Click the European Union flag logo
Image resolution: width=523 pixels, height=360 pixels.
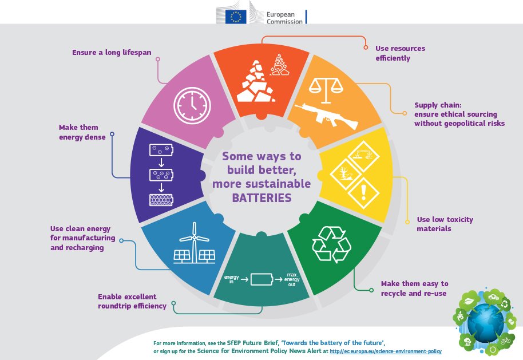(x=236, y=17)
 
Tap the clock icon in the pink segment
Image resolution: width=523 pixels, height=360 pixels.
(x=192, y=105)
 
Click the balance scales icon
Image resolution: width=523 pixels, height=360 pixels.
(x=326, y=90)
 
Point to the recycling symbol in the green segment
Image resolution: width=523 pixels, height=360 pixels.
(x=331, y=244)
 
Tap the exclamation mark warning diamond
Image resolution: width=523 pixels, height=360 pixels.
(x=363, y=193)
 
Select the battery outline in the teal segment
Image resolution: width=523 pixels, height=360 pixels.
(x=262, y=279)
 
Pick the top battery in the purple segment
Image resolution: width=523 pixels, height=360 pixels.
(x=161, y=150)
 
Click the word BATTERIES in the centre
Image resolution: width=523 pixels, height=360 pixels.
(x=262, y=198)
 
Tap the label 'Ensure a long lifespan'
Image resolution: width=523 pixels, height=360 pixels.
(x=112, y=53)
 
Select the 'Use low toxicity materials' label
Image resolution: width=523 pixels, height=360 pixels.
(x=445, y=224)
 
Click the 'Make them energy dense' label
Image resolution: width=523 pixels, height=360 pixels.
(x=82, y=132)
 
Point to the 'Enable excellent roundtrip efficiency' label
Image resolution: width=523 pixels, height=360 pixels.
(x=132, y=301)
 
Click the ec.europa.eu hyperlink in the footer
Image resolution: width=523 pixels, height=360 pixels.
(x=386, y=351)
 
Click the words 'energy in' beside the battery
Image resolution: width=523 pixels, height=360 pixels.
(x=232, y=279)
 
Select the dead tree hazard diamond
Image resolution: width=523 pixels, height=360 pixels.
(x=345, y=174)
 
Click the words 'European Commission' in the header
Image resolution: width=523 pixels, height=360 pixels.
(x=284, y=18)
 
